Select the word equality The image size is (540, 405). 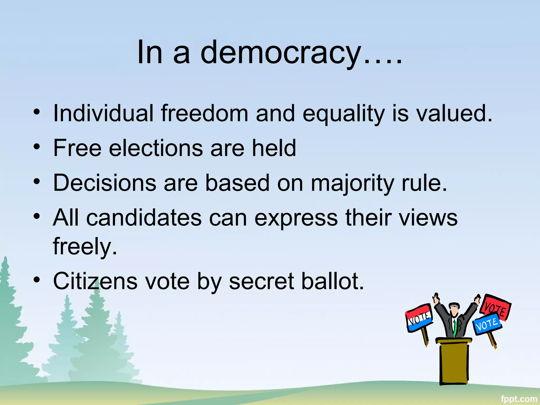343,114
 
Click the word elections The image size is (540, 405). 156,148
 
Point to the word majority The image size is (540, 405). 353,183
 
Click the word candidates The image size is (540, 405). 144,218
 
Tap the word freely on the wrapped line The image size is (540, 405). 84,246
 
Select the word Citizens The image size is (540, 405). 95,281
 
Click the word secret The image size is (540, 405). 261,281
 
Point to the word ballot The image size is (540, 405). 332,281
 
